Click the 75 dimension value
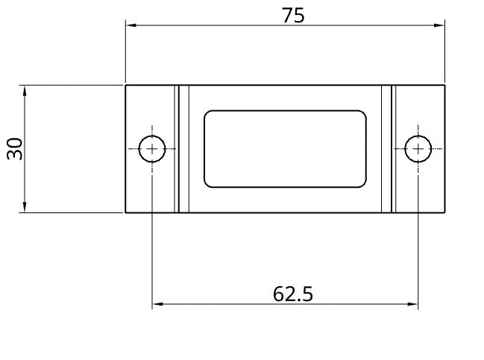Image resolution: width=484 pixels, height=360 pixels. click(293, 16)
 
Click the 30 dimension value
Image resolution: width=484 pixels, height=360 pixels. click(15, 149)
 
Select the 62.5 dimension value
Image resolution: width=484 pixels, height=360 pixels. click(293, 294)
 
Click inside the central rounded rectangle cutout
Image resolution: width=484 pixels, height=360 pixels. click(285, 149)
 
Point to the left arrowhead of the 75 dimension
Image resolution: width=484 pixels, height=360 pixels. click(131, 25)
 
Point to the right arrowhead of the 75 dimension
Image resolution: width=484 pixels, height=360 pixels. click(439, 25)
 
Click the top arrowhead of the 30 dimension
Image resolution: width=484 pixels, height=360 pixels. click(25, 91)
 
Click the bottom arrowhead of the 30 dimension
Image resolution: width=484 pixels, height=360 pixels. click(25, 206)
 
